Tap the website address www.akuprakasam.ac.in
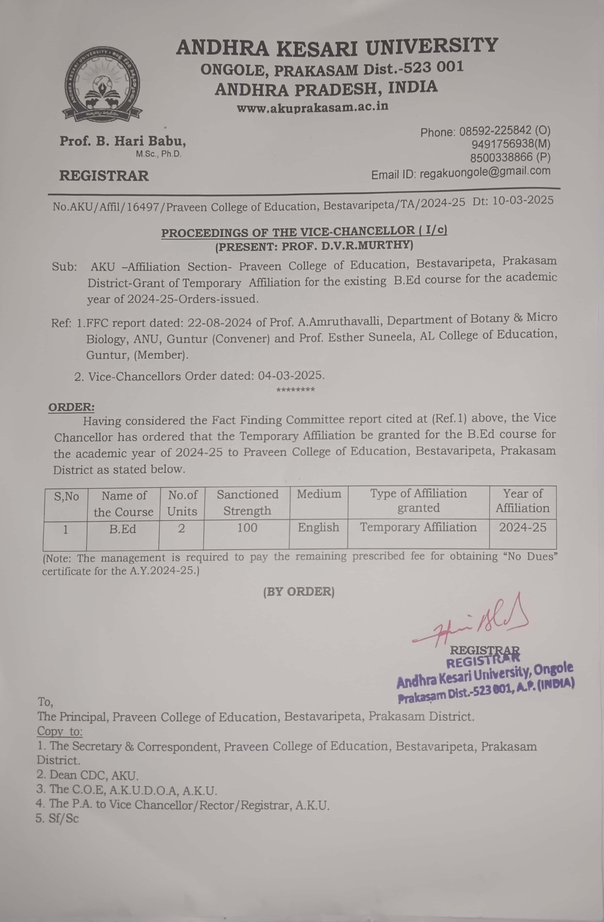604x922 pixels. (312, 107)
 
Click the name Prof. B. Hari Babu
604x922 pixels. (122, 142)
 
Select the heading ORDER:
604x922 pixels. (71, 407)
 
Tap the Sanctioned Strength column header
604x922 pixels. (247, 502)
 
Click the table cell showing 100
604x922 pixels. (247, 528)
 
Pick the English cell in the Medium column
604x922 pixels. (318, 527)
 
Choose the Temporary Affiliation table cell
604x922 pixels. (418, 527)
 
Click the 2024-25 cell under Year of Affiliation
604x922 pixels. (522, 527)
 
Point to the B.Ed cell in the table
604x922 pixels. (122, 529)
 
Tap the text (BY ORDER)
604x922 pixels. (299, 591)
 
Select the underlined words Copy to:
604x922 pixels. (60, 731)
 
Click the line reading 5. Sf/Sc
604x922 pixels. (57, 819)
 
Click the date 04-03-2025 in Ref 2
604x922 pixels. (291, 376)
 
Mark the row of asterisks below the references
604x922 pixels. (295, 389)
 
